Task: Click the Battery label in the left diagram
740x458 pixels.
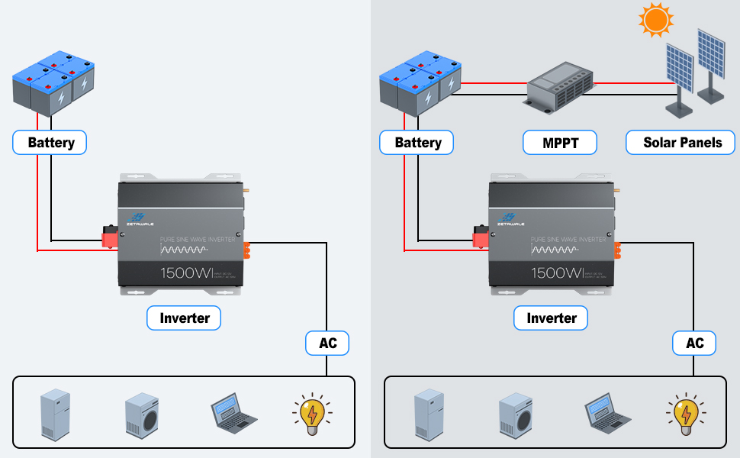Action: pos(50,143)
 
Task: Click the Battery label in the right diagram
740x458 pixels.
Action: pos(417,143)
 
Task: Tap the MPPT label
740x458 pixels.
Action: pos(559,143)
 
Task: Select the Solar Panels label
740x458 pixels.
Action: pos(682,143)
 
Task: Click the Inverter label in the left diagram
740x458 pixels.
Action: pos(184,318)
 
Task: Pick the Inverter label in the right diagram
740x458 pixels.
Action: pos(551,318)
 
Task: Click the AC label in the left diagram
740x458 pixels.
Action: pos(327,343)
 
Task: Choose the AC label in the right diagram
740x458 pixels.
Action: pos(694,343)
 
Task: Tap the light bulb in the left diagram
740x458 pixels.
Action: pos(311,414)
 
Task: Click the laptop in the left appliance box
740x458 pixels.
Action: pos(233,413)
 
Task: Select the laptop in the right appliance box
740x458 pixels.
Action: pos(607,413)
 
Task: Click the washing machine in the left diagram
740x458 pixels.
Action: pos(141,414)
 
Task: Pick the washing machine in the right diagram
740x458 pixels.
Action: pos(515,414)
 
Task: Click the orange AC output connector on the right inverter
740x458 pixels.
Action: pos(616,251)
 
